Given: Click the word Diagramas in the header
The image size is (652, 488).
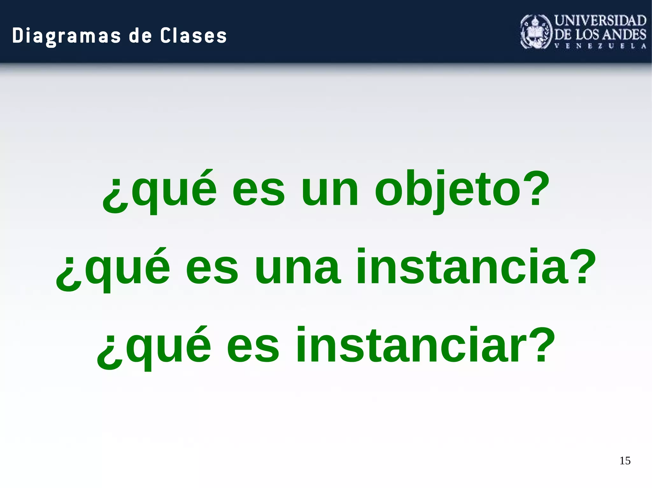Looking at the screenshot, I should tap(67, 36).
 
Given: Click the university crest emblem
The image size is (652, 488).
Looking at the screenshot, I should tap(536, 32).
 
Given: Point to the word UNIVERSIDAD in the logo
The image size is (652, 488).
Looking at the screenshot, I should tap(600, 21).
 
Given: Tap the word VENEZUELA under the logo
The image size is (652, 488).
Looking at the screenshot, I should tap(600, 46).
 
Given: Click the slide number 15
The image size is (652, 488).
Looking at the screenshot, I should tap(625, 461).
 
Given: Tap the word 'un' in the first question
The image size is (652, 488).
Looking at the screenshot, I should tap(330, 191).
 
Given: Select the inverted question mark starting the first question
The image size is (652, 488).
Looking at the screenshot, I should tap(115, 196).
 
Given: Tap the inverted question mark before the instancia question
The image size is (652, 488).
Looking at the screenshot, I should tap(68, 273).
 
